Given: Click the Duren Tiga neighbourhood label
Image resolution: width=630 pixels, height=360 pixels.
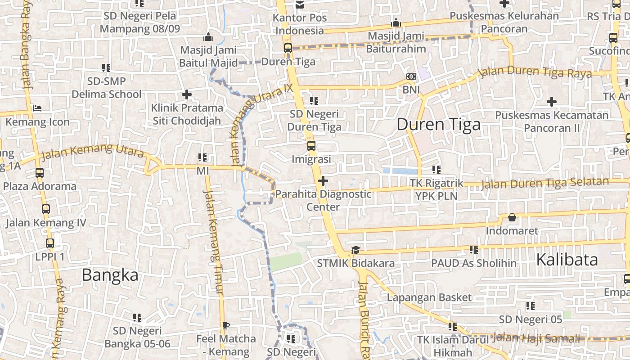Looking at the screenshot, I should pyautogui.click(x=438, y=124).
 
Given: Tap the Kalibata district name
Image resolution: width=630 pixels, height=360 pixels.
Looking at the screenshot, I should pyautogui.click(x=567, y=260).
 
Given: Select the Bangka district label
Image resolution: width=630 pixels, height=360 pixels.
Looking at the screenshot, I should pyautogui.click(x=110, y=274).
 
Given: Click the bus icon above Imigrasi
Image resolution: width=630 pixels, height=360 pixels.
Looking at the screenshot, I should pyautogui.click(x=311, y=146).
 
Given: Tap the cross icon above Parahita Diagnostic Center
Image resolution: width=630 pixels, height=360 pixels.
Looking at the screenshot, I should pyautogui.click(x=323, y=181).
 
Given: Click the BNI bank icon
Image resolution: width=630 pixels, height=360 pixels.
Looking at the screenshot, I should pyautogui.click(x=411, y=77).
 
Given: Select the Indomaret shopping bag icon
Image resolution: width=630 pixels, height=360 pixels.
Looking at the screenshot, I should pyautogui.click(x=512, y=218).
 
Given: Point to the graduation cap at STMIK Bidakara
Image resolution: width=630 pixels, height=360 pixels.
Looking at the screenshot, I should pyautogui.click(x=355, y=250).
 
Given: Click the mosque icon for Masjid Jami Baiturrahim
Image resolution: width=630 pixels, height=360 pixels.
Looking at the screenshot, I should pyautogui.click(x=396, y=22).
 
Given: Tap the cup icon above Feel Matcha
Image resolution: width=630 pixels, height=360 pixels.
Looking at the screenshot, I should pyautogui.click(x=226, y=325).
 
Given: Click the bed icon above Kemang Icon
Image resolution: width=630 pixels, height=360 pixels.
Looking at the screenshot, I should pyautogui.click(x=37, y=108).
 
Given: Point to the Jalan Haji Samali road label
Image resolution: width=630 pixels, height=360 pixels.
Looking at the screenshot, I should pyautogui.click(x=536, y=337).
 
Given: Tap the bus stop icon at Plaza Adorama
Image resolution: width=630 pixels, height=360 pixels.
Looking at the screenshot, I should pyautogui.click(x=40, y=173).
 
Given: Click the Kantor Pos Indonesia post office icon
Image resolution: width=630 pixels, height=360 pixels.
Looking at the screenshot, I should pyautogui.click(x=300, y=5).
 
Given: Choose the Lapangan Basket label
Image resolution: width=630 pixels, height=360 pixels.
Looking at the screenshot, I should pyautogui.click(x=429, y=297).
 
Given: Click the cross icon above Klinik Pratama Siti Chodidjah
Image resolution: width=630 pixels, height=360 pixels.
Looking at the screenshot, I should pyautogui.click(x=187, y=94).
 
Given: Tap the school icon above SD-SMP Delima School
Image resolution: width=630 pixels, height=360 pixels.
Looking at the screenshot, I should pyautogui.click(x=106, y=68).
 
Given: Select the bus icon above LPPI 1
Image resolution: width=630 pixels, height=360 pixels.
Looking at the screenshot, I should pyautogui.click(x=50, y=243).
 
